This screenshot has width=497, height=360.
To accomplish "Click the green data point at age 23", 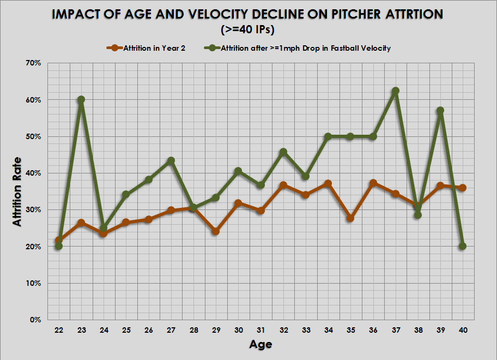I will click(x=81, y=100).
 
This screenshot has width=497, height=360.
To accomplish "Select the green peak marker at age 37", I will click(x=395, y=91).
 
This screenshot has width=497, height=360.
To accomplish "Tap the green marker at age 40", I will click(x=463, y=246).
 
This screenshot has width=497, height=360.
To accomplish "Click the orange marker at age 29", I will click(x=216, y=231).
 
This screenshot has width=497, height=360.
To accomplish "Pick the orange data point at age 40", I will click(x=463, y=188).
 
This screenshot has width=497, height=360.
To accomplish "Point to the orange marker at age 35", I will click(x=350, y=218).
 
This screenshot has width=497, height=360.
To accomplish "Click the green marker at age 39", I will click(x=440, y=110).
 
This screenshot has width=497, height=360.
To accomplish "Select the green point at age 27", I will click(x=171, y=161).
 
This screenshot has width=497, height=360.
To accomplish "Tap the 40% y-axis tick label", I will click(x=34, y=173).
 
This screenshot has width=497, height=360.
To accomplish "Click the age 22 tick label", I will click(x=59, y=330).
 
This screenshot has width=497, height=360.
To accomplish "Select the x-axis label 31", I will click(x=260, y=330).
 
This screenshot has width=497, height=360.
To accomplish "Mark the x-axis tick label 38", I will click(x=417, y=330).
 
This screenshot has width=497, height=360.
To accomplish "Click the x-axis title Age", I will click(x=260, y=344).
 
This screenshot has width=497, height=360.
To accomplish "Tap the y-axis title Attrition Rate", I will click(x=18, y=191).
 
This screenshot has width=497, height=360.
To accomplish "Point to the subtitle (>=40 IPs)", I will click(x=247, y=29).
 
